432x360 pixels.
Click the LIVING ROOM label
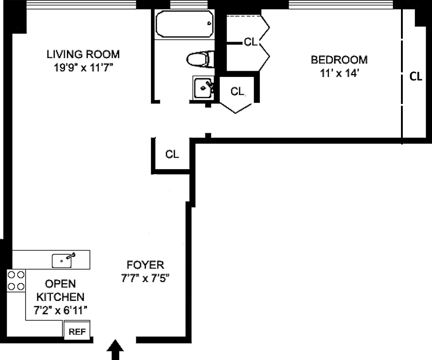click(83, 54)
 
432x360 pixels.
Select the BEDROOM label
click(339, 59)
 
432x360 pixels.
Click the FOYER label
click(145, 265)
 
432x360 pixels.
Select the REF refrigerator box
click(77, 332)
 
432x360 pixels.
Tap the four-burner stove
click(16, 280)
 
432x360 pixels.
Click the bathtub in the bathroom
click(183, 24)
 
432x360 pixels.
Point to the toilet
click(199, 59)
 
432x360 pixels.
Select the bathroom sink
click(204, 88)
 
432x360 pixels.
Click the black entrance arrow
click(116, 350)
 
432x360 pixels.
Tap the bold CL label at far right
click(416, 76)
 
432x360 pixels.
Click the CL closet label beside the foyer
click(172, 154)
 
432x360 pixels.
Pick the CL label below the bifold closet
click(237, 91)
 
